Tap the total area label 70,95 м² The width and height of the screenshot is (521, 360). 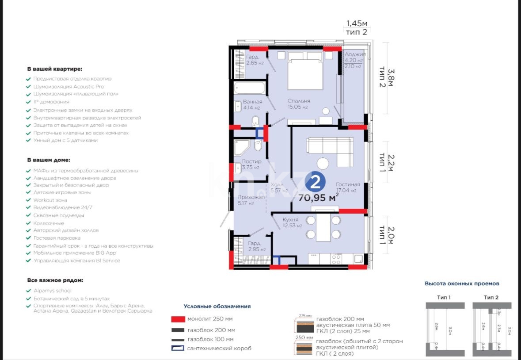click(319, 197)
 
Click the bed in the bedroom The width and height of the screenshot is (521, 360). click(305, 70)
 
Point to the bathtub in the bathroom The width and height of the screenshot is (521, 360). click(249, 88)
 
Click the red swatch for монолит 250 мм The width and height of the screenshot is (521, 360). click(177, 319)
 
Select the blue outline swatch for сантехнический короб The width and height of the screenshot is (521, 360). click(177, 349)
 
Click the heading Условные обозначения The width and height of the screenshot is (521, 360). click(217, 306)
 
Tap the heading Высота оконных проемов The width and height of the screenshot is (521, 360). click(462, 283)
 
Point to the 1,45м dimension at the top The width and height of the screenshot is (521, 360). click(357, 23)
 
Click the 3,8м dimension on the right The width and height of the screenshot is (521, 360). click(391, 78)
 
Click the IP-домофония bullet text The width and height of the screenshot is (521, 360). click(51, 102)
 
